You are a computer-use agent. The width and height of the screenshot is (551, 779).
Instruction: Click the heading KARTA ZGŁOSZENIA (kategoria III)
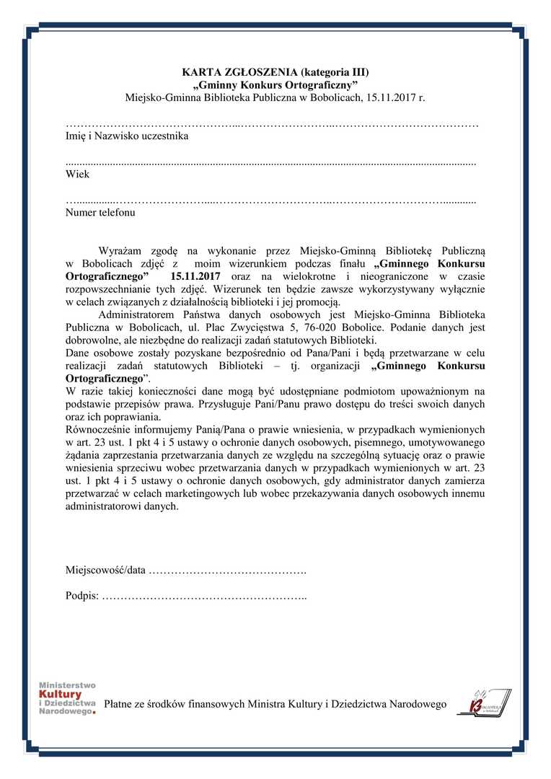(275, 72)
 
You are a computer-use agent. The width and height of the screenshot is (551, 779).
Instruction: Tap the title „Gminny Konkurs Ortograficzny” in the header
(275, 84)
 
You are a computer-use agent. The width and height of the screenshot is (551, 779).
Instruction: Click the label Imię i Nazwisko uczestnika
(127, 136)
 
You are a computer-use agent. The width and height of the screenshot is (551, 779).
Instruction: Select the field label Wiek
(77, 175)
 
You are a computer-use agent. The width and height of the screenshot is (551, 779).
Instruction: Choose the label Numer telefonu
(100, 213)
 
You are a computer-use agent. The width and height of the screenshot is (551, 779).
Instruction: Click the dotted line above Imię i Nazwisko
(272, 126)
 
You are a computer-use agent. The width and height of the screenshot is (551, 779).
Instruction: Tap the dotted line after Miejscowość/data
(227, 571)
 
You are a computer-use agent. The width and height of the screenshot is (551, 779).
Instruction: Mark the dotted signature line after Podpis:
(204, 597)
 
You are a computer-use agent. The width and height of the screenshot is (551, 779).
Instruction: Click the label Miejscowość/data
(105, 571)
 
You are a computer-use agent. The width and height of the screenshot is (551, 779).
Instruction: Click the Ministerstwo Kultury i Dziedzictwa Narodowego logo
(67, 698)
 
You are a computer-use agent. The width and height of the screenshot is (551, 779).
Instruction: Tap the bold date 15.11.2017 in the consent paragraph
(196, 276)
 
